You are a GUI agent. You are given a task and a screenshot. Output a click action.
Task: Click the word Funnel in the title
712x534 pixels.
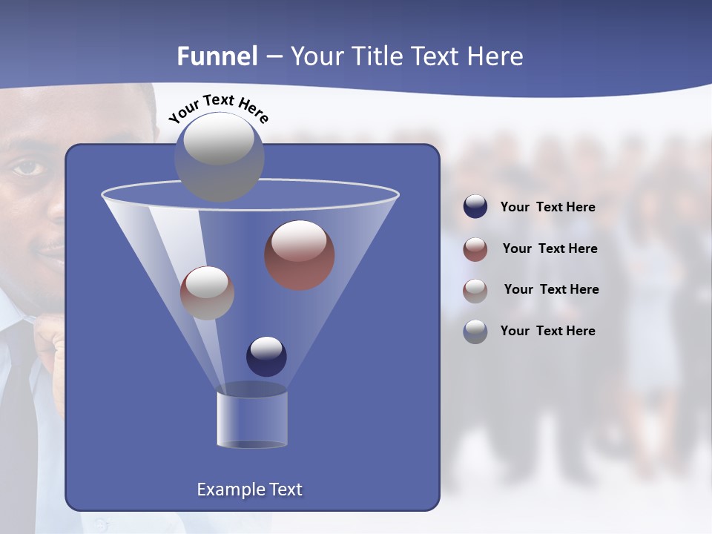[217, 56]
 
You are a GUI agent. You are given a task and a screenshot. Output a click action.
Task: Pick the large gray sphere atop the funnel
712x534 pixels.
[219, 156]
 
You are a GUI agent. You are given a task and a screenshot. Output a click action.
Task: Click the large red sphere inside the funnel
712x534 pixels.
[299, 254]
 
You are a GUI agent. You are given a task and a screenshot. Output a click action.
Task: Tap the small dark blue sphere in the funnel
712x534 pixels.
[266, 356]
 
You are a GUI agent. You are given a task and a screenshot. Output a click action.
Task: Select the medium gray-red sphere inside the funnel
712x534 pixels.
[207, 292]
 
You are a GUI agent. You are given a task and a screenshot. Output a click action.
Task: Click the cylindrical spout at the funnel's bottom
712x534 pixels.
[251, 418]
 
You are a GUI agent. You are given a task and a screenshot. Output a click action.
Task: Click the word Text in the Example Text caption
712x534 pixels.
[284, 489]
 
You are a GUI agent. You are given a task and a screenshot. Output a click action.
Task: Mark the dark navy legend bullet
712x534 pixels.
[475, 207]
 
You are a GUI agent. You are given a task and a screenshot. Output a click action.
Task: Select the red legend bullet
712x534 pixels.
[475, 249]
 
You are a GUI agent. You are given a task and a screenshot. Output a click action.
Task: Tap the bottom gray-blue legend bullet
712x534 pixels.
[475, 332]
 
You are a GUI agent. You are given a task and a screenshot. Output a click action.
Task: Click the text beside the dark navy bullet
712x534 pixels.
[547, 208]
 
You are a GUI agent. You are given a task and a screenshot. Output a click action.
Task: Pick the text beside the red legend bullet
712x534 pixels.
[550, 249]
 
